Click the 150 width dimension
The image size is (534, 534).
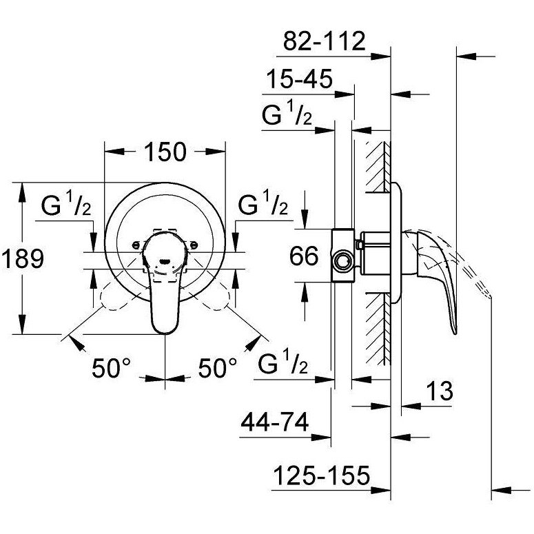[165, 152]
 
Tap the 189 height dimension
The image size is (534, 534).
[22, 259]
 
